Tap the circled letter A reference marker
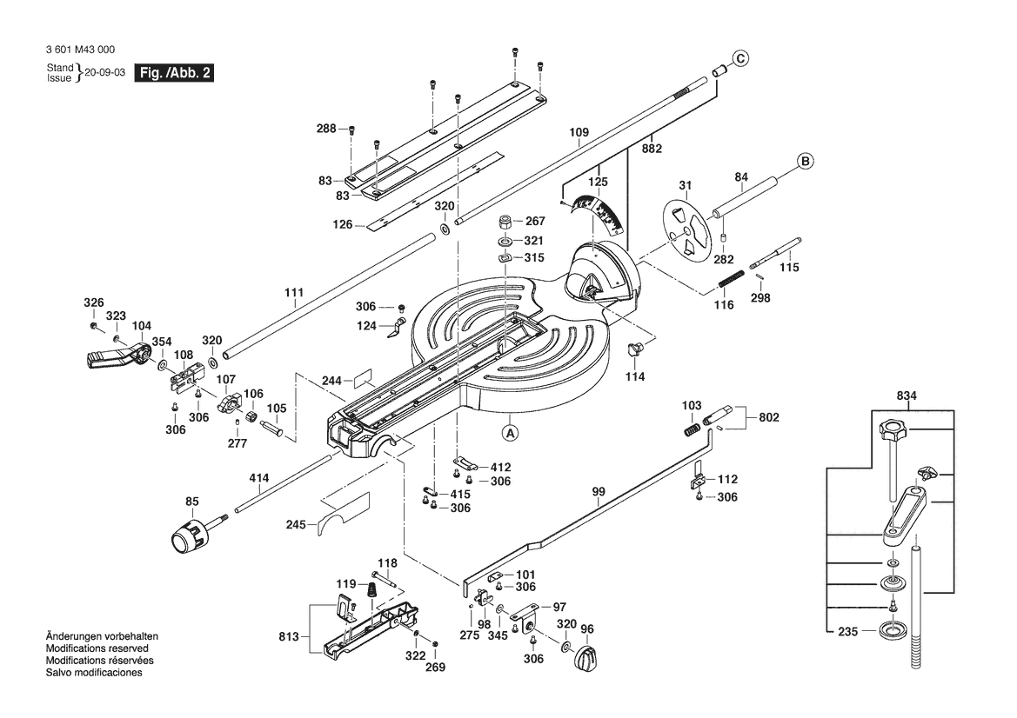(x=511, y=431)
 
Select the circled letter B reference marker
(x=806, y=161)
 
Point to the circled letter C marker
(x=739, y=58)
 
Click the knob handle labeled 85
(x=190, y=533)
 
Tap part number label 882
(x=652, y=149)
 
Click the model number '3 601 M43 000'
(x=79, y=50)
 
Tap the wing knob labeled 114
(x=637, y=350)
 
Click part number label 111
(x=294, y=292)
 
